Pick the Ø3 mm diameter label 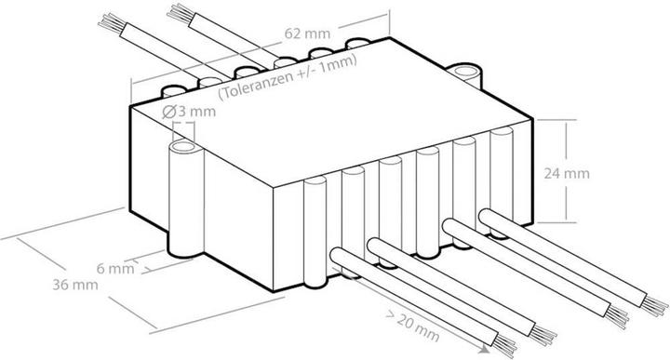point(188,113)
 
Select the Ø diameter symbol point(169,113)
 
